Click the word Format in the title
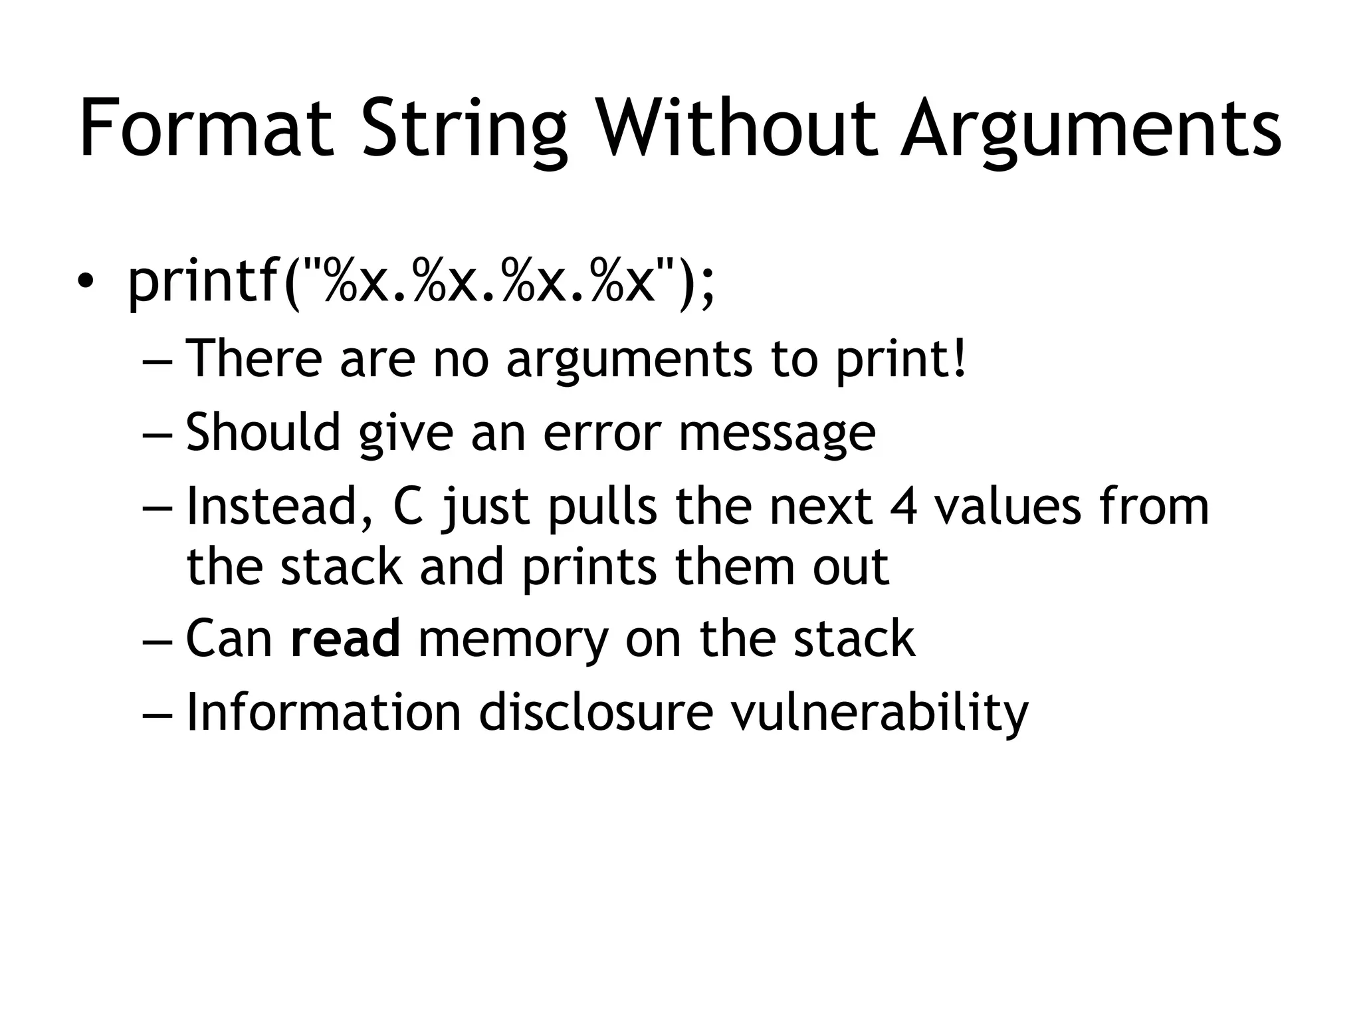pos(206,128)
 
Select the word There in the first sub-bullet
pos(253,359)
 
